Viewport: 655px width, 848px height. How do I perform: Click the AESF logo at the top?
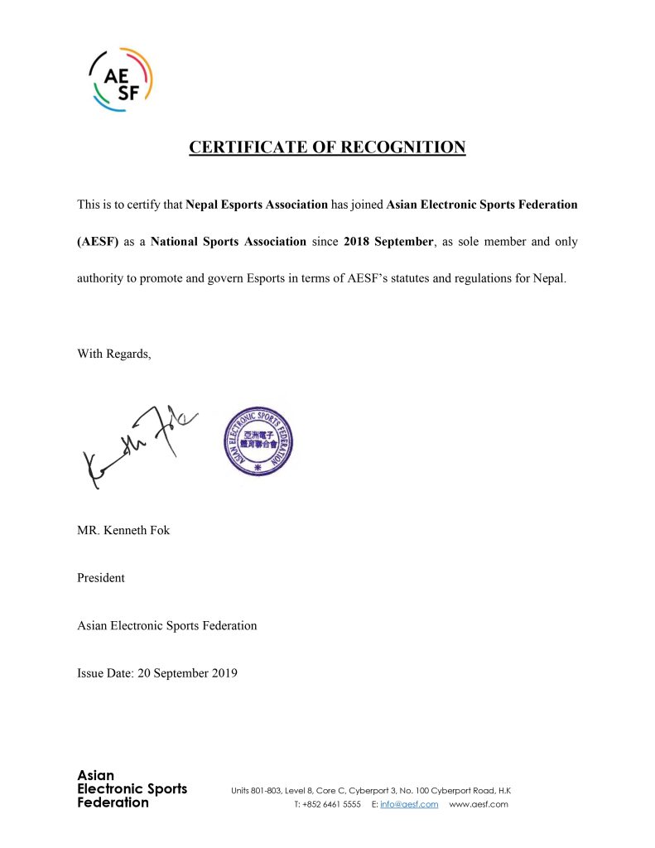121,79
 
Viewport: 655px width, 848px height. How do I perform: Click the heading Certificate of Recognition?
327,147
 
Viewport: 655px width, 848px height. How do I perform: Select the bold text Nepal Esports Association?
257,204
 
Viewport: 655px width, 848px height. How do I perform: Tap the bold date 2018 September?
388,242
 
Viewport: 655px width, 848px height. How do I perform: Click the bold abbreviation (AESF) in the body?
99,242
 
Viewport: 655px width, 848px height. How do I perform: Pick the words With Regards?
114,354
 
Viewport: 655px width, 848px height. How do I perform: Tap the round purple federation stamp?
258,441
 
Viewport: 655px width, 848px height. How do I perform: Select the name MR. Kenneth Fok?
123,530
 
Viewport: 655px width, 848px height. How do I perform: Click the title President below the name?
101,578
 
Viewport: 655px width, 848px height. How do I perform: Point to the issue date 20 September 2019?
157,673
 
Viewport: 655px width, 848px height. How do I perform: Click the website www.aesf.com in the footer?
479,804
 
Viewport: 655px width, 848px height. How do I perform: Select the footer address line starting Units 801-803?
370,790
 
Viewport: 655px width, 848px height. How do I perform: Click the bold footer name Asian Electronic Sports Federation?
132,789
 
